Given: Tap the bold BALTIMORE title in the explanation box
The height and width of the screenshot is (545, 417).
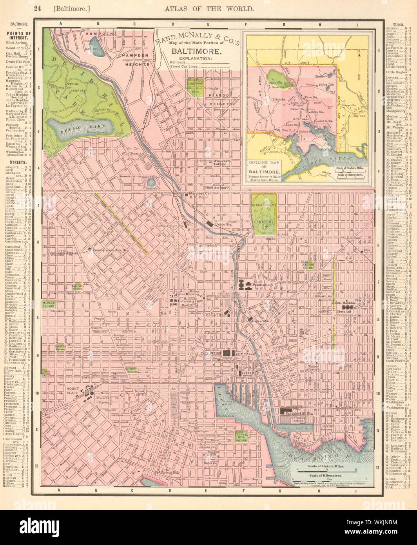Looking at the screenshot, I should pyautogui.click(x=194, y=51).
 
